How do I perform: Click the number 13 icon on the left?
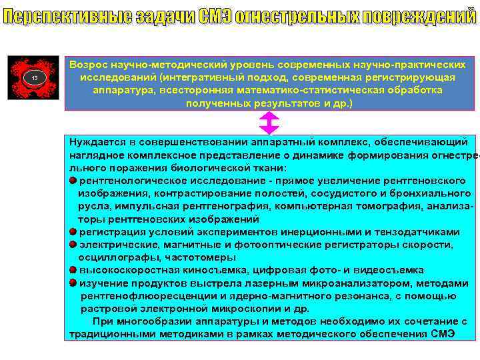(x=36, y=79)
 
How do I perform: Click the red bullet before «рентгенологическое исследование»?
(x=73, y=181)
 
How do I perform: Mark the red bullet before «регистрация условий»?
(x=73, y=232)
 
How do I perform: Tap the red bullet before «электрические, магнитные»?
(x=73, y=245)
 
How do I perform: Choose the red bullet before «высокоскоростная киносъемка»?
(x=73, y=270)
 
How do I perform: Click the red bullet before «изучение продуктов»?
(x=73, y=283)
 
